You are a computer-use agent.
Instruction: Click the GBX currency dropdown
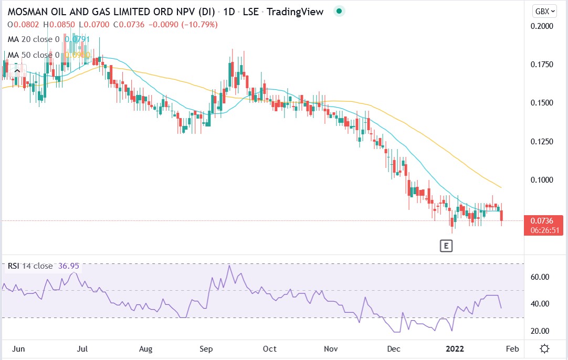pos(544,11)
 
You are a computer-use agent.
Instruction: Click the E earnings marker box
pos(446,246)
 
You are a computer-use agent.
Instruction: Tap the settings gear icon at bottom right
pos(545,349)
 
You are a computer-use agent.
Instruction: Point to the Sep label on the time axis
pos(206,349)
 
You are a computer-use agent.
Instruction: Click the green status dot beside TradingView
pos(339,11)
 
